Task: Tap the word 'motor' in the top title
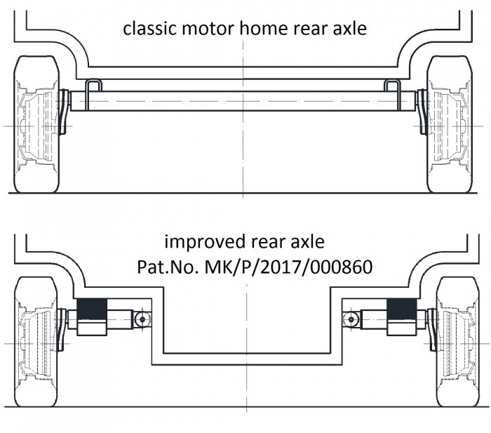(208, 29)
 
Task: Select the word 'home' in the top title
(263, 28)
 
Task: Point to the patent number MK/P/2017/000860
(288, 267)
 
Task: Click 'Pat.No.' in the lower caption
(168, 267)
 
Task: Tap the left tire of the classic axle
(36, 124)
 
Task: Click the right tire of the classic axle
(450, 124)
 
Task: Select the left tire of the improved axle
(36, 342)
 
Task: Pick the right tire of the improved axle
(457, 342)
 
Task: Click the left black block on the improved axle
(92, 309)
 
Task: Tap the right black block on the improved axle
(402, 309)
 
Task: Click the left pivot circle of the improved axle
(142, 319)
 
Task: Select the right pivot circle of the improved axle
(351, 319)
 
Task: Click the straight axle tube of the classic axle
(243, 101)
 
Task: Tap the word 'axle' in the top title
(350, 28)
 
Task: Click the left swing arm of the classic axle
(64, 112)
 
